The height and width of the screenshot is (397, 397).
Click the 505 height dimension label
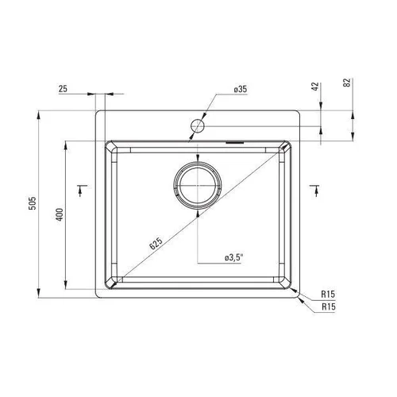tap(33, 203)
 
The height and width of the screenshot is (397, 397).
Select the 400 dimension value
tap(60, 214)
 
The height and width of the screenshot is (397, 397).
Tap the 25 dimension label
tap(63, 89)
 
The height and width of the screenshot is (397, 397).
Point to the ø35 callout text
tap(241, 90)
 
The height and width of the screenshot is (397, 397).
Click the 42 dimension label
tap(315, 87)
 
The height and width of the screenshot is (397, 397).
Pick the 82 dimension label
tap(347, 83)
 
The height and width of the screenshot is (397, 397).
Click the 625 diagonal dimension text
tap(156, 244)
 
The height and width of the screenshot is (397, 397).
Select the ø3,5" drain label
tap(233, 258)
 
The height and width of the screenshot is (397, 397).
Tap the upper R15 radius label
tap(328, 294)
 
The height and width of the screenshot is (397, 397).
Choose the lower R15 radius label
tap(329, 306)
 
